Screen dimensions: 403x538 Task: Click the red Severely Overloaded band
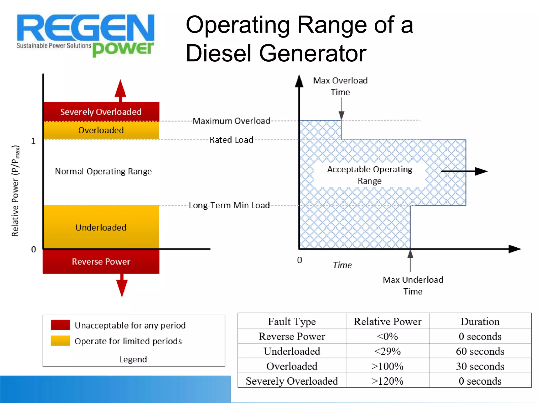click(x=101, y=112)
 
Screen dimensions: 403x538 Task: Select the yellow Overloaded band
click(x=101, y=130)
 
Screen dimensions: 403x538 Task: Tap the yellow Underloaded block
click(x=101, y=227)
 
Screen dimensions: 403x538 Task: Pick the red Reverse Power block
click(x=101, y=261)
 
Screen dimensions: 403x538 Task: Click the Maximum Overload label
click(x=231, y=121)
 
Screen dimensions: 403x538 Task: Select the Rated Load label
click(x=231, y=140)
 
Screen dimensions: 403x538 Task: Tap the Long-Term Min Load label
click(x=229, y=205)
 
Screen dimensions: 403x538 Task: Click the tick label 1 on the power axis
click(x=33, y=141)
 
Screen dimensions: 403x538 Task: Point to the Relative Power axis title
click(x=15, y=191)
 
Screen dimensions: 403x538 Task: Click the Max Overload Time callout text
click(x=340, y=86)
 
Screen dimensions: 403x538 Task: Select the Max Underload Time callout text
click(x=413, y=285)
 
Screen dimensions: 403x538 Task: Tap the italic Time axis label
click(x=342, y=265)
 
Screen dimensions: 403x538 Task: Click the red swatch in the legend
click(x=60, y=325)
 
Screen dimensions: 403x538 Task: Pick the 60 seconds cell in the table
click(x=480, y=351)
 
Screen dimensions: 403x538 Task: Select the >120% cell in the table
click(x=387, y=381)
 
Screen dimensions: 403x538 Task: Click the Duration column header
click(x=480, y=321)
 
